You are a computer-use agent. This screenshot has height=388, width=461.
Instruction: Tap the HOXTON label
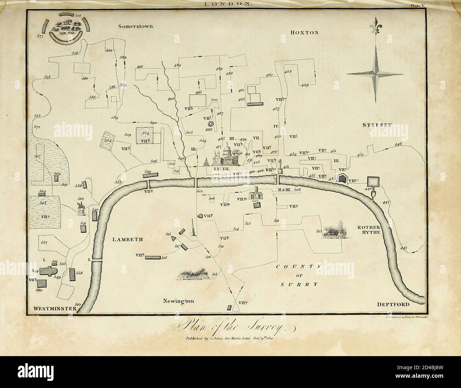point(304,32)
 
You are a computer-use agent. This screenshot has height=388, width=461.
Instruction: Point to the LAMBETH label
point(128,239)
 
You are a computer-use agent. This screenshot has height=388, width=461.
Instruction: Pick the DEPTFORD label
point(393,304)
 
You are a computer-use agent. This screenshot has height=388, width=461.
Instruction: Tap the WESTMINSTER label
point(55,309)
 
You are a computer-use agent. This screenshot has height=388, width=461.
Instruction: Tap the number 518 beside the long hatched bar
point(164,258)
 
